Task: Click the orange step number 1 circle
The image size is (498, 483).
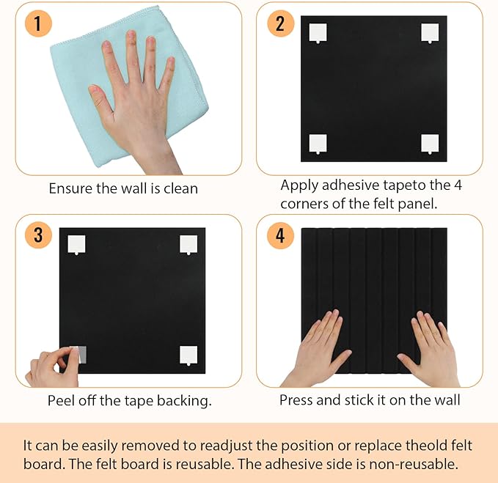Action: pyautogui.click(x=38, y=23)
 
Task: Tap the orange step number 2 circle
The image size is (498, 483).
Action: pyautogui.click(x=279, y=23)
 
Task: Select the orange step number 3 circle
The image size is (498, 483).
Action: pyautogui.click(x=38, y=235)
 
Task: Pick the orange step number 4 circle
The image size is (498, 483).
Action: pyautogui.click(x=279, y=235)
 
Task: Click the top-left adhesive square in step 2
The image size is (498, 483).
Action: pyautogui.click(x=318, y=33)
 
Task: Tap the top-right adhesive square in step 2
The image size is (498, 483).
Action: pyautogui.click(x=430, y=33)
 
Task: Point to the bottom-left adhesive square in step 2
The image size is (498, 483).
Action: pyautogui.click(x=318, y=144)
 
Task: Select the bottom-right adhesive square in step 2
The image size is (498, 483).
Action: pyautogui.click(x=430, y=144)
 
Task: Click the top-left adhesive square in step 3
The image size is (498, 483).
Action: pyautogui.click(x=77, y=244)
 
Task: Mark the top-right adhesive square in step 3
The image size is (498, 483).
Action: pyautogui.click(x=189, y=245)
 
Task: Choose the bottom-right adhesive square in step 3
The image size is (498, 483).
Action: pyautogui.click(x=189, y=355)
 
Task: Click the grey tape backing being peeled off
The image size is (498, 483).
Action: pyautogui.click(x=78, y=355)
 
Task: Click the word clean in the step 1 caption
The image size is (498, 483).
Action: pyautogui.click(x=180, y=188)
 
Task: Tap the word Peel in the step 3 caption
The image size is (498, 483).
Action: pyautogui.click(x=62, y=400)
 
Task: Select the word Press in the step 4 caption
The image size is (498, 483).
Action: pyautogui.click(x=297, y=400)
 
